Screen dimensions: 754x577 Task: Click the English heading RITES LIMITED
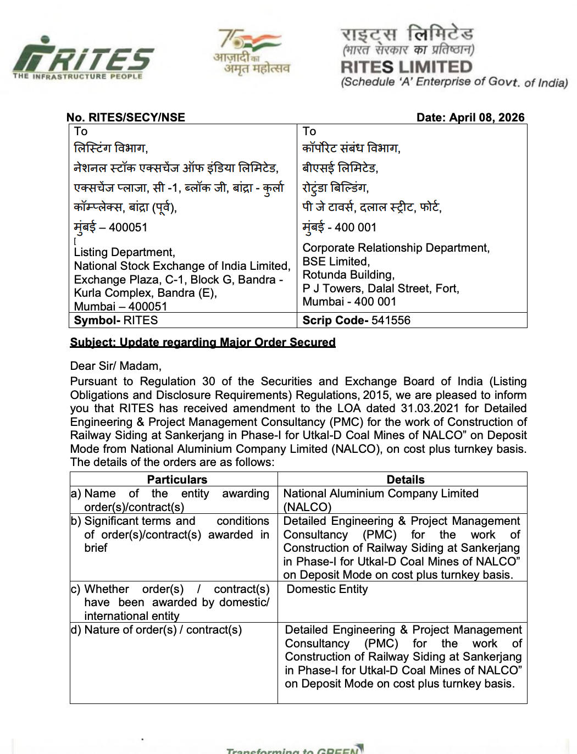[x=406, y=67]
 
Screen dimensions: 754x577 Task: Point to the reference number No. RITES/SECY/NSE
[x=125, y=117]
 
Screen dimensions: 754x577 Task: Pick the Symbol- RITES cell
[x=116, y=320]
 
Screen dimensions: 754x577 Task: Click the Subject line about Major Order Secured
[x=202, y=342]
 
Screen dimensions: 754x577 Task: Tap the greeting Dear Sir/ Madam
[x=115, y=366]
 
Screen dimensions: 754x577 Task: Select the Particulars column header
[x=177, y=479]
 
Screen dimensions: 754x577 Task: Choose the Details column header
[x=405, y=479]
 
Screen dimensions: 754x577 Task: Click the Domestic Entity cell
[x=327, y=589]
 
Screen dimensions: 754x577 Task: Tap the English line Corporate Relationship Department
[x=396, y=248]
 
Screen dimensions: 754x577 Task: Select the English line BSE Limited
[x=336, y=262]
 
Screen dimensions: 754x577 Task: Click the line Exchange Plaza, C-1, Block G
[x=178, y=280]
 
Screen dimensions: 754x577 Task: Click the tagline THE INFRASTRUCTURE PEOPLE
[x=77, y=76]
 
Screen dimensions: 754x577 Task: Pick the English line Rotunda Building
[x=348, y=275]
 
